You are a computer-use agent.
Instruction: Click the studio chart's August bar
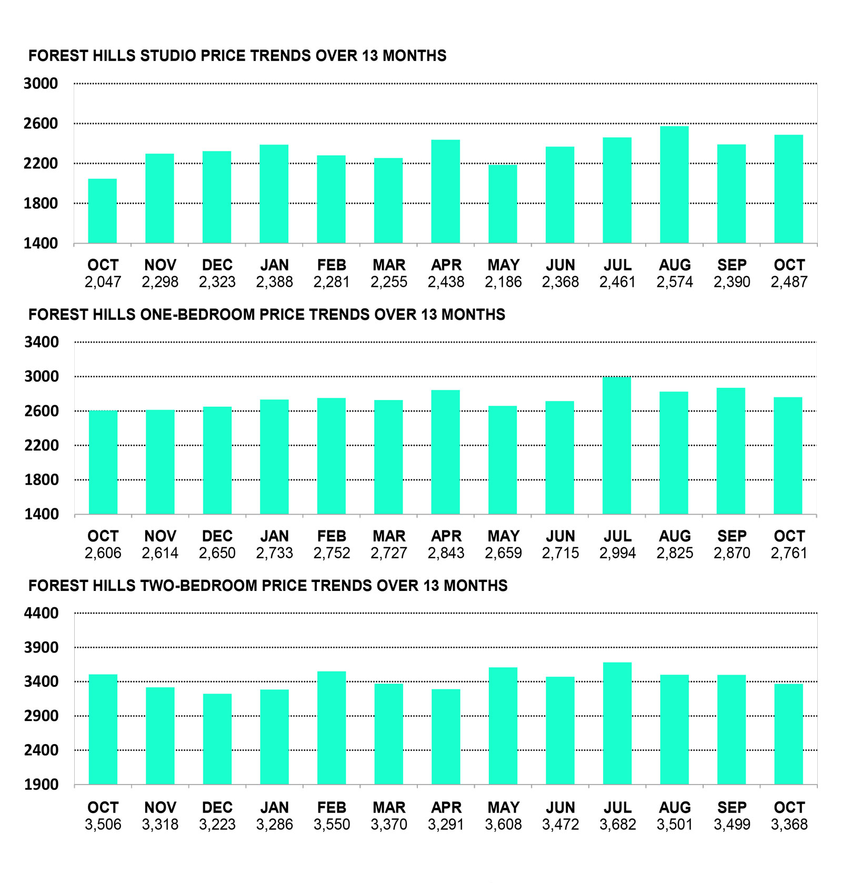(x=674, y=185)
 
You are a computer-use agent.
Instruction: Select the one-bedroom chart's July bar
(x=617, y=446)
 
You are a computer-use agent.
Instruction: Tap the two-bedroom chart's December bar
(x=217, y=739)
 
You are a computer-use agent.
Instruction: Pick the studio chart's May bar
(x=503, y=204)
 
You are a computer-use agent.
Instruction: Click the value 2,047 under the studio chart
(x=103, y=282)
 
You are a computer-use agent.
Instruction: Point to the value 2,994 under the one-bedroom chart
(x=617, y=553)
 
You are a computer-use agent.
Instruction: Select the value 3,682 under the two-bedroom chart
(x=617, y=824)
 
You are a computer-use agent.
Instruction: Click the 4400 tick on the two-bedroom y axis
(x=41, y=613)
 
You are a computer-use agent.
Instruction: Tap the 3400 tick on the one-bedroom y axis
(x=41, y=342)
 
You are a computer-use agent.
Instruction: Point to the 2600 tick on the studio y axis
(x=41, y=124)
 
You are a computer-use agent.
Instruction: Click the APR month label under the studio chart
(x=446, y=265)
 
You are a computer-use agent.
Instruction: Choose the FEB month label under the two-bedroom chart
(x=332, y=807)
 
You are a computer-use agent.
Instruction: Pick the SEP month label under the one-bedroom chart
(x=731, y=536)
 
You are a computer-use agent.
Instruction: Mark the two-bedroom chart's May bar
(x=503, y=726)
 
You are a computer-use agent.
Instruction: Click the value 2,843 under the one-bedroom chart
(x=446, y=553)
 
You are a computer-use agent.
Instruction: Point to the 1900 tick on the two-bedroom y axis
(x=41, y=785)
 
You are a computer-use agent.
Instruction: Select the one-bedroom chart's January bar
(x=274, y=457)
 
